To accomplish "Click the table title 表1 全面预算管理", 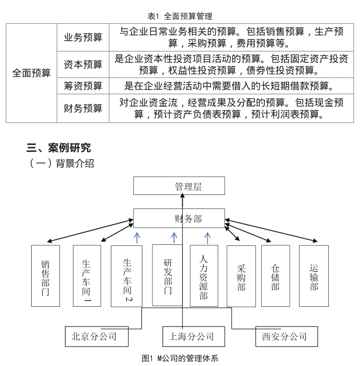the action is tap(180, 16).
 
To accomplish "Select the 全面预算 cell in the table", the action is tap(31, 73).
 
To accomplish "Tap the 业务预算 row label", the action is tap(83, 37).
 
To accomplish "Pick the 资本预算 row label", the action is tap(83, 64).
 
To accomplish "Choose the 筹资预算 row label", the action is tap(83, 86).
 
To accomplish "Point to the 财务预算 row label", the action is tap(83, 108).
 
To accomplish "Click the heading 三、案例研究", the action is tap(58, 148).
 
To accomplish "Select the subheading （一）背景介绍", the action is tap(61, 163).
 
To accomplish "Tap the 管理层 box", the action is tap(179, 186).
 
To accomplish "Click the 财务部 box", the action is tap(179, 218).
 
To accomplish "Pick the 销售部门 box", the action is tap(46, 276).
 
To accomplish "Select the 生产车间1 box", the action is tap(87, 276).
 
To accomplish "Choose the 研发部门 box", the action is tap(168, 275).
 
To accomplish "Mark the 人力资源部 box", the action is tap(204, 276).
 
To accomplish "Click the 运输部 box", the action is tap(314, 276).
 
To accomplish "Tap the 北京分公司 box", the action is tap(97, 336).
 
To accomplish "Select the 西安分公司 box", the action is tap(287, 336).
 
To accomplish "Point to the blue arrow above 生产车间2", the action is tap(137, 238).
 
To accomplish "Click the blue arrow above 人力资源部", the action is tap(208, 238).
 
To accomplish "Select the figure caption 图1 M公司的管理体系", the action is tap(180, 358).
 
